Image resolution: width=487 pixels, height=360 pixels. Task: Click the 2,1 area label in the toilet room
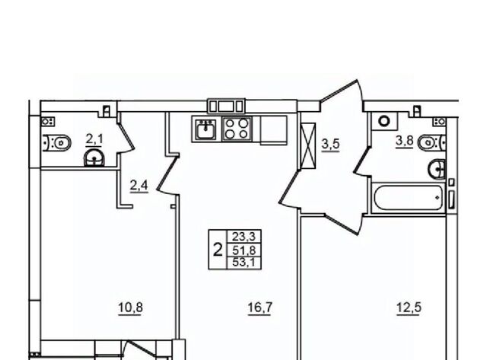point(94,139)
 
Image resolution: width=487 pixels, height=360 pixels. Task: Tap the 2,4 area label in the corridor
point(138,186)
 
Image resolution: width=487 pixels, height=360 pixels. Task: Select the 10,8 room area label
point(130,307)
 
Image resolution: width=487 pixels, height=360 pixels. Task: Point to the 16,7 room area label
point(260,307)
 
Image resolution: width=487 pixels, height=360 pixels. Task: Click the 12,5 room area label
point(409,307)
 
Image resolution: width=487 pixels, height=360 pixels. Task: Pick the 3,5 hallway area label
point(331,145)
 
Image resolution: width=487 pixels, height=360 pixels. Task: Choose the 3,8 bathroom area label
point(404,142)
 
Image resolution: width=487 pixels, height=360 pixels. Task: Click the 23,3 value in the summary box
point(243,237)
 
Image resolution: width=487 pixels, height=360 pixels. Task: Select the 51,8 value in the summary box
point(243,250)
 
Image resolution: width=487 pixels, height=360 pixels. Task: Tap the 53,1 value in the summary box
point(243,263)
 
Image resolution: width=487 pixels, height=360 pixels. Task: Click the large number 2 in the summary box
point(218,250)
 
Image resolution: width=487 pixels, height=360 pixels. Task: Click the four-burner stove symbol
point(237,129)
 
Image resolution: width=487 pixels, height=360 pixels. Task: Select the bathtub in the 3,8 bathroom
point(408,198)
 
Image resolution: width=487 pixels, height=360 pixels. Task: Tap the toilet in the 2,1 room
point(56,143)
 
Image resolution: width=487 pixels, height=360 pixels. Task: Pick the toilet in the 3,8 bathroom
point(432,143)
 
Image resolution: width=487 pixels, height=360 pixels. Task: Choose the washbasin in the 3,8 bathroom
point(438,169)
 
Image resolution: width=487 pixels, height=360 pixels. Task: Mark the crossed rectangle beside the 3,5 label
point(307,145)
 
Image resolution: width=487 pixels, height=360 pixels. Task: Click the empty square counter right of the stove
point(274,129)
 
